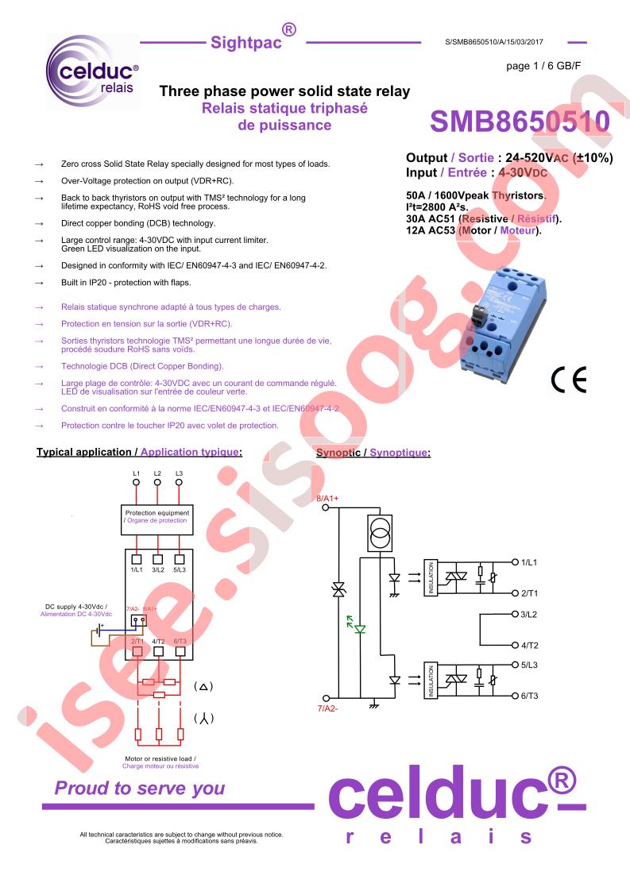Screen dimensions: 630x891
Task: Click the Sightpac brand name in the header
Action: pyautogui.click(x=246, y=43)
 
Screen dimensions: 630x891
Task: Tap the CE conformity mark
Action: pyautogui.click(x=569, y=380)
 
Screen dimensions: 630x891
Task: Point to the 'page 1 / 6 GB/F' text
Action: pyautogui.click(x=543, y=66)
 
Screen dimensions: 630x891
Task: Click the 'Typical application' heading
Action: pyautogui.click(x=84, y=453)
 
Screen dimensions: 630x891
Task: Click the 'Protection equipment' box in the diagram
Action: pyautogui.click(x=157, y=519)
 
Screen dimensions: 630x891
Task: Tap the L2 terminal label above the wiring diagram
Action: pyautogui.click(x=157, y=473)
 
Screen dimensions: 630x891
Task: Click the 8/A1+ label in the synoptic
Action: pyautogui.click(x=327, y=499)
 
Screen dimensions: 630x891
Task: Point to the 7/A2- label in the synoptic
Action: pyautogui.click(x=327, y=708)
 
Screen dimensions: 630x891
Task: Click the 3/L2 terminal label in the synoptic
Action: pyautogui.click(x=529, y=615)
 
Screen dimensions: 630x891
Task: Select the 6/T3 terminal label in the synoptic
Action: pyautogui.click(x=529, y=696)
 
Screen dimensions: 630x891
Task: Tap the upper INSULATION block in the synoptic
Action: pyautogui.click(x=431, y=578)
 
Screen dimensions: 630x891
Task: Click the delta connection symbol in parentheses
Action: pyautogui.click(x=203, y=686)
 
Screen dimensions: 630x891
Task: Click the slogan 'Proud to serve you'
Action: pyautogui.click(x=140, y=788)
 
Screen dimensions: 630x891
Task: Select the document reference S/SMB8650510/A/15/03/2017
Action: pyautogui.click(x=494, y=42)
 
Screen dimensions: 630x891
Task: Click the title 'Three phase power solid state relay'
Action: pyautogui.click(x=284, y=91)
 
